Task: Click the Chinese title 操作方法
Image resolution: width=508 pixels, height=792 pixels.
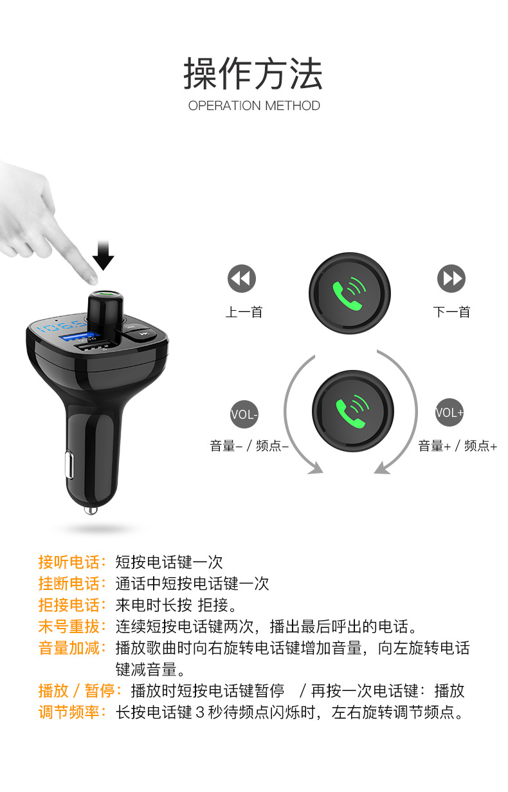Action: tap(253, 73)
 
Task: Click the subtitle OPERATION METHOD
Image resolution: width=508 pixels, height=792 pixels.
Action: tap(254, 106)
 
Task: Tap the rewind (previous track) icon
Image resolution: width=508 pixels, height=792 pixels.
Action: tap(242, 278)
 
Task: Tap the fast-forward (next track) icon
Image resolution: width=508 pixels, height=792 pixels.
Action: tap(451, 278)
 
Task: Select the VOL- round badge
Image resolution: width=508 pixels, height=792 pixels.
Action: tap(244, 414)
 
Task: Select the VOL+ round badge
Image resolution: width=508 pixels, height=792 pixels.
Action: tap(449, 412)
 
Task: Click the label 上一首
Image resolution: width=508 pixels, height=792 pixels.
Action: tap(244, 312)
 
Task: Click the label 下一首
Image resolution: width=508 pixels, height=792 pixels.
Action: tap(451, 312)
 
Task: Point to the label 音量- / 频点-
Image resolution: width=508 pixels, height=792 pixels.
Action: tap(249, 445)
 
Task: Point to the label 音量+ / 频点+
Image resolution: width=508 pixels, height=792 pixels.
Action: tap(457, 445)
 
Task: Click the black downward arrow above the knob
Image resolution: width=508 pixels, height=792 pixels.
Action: tap(103, 255)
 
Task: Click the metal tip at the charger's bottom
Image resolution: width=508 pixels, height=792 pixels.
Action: tap(91, 510)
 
